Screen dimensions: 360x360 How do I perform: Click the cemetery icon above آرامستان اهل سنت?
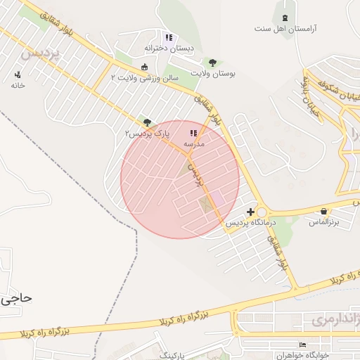tap(284, 18)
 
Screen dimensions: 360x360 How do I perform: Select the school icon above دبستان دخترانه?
tap(168, 37)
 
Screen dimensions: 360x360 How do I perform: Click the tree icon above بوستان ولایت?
tap(212, 62)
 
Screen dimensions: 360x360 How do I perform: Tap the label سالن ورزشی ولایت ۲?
tap(144, 77)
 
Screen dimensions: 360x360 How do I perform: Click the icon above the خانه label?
tap(18, 75)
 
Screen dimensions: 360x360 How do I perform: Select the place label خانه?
tap(18, 85)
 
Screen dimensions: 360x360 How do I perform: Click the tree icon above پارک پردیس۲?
tap(147, 122)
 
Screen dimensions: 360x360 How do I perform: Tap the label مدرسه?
tap(193, 143)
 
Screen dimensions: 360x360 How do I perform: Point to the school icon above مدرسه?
tap(193, 133)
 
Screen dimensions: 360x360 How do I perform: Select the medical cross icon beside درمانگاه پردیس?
tap(251, 212)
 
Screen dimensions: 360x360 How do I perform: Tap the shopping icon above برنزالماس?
tap(323, 211)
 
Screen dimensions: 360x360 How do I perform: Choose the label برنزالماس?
tap(324, 221)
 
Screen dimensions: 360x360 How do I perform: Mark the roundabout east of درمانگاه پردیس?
tap(262, 212)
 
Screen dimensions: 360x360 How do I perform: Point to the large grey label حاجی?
tap(15, 298)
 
